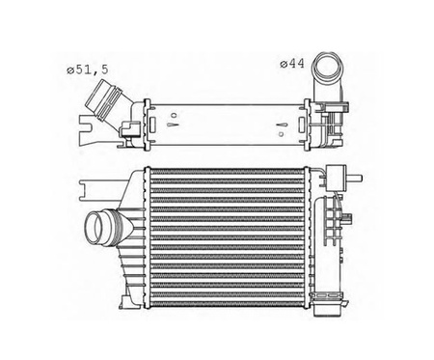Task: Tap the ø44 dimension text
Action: (x=292, y=64)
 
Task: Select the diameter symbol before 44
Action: (x=282, y=64)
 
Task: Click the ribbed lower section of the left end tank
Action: (x=129, y=265)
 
